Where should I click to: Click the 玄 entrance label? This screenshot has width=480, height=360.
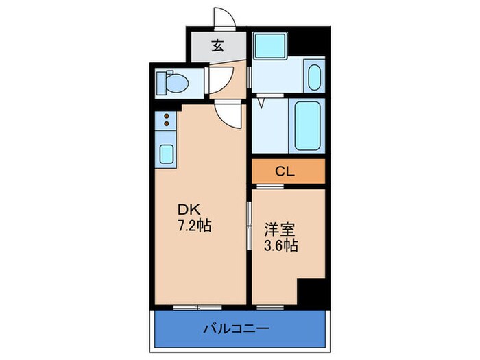tap(217, 47)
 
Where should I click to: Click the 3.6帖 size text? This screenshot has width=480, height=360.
tap(281, 245)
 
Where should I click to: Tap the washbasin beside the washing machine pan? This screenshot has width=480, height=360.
tap(313, 77)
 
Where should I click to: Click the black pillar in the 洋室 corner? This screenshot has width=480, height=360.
tap(309, 291)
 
